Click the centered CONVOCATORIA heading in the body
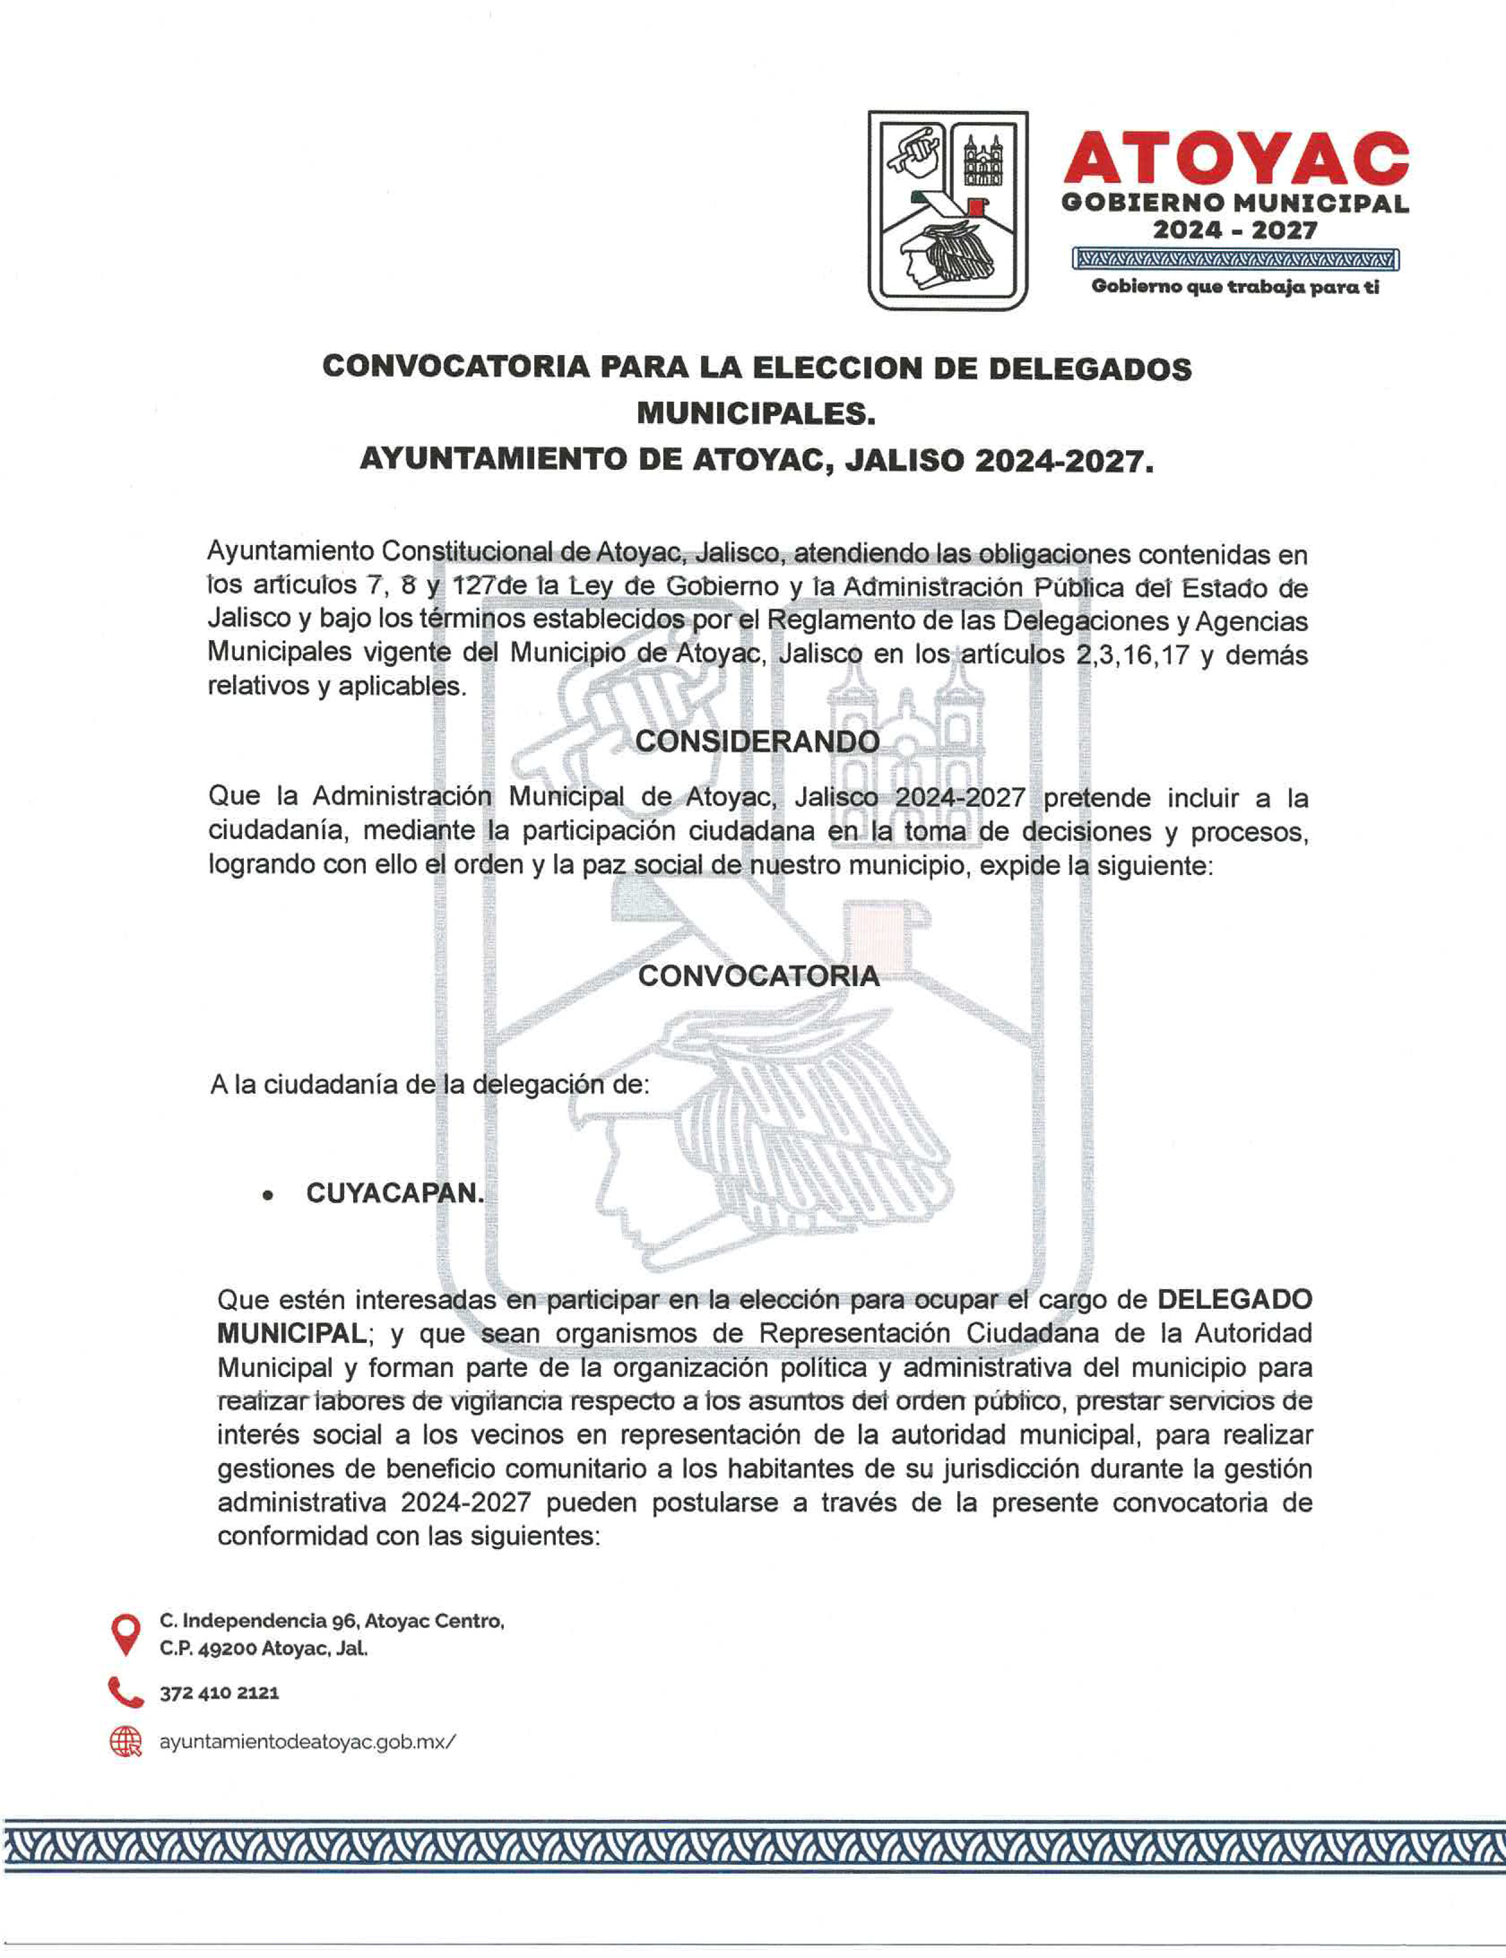(758, 977)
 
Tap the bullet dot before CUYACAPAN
(267, 1196)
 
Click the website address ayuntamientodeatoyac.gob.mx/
(307, 1741)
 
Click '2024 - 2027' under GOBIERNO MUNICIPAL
(1235, 231)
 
